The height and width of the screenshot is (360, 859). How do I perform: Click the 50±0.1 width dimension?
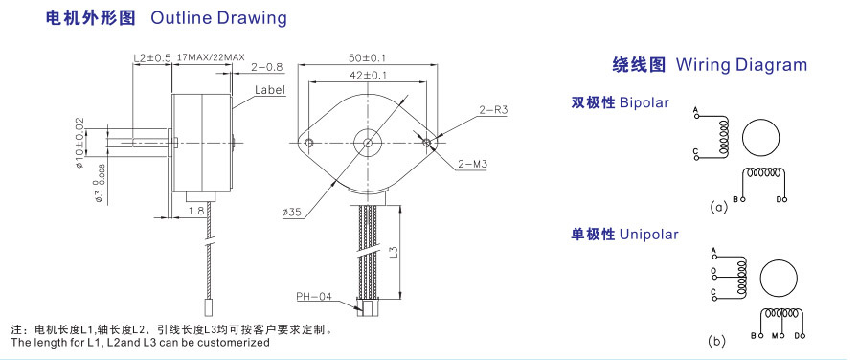click(367, 57)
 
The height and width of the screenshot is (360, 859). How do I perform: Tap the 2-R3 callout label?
click(493, 110)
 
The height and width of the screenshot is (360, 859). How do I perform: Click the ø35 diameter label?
click(292, 213)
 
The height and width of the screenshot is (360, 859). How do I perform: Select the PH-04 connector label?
click(314, 297)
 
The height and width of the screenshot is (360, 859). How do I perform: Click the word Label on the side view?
click(270, 90)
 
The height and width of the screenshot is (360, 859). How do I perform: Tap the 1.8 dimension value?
click(195, 211)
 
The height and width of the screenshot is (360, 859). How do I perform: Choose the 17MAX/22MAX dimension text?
click(211, 57)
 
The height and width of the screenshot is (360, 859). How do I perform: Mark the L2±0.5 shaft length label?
click(152, 57)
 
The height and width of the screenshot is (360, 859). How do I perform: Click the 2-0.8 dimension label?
click(267, 67)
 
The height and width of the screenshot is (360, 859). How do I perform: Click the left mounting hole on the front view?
click(309, 143)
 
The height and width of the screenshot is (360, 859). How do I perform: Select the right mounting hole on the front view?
click(427, 143)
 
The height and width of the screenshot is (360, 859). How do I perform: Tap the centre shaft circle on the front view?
click(368, 143)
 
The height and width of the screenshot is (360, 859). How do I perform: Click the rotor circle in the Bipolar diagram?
click(761, 138)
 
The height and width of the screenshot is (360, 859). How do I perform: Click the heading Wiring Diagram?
click(741, 65)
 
